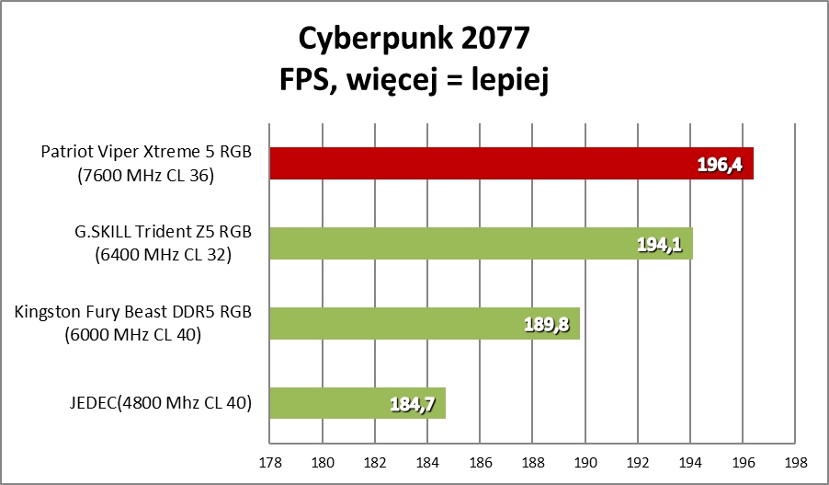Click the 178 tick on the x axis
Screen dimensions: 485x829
(270, 461)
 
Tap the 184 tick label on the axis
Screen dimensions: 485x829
(428, 461)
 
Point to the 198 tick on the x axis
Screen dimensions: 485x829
(797, 461)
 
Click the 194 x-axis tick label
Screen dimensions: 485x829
(691, 461)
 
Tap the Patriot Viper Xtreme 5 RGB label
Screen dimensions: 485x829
(147, 153)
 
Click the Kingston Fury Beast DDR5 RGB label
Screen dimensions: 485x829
(133, 313)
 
